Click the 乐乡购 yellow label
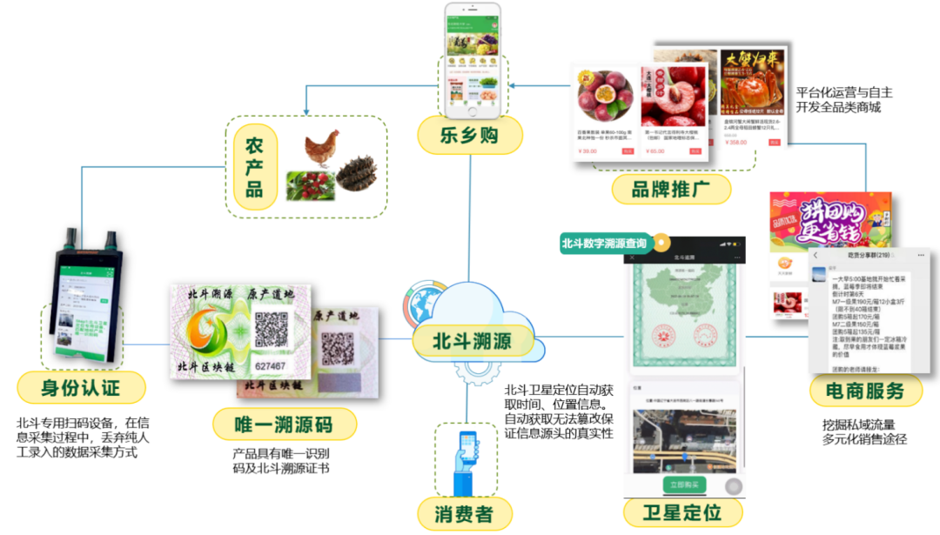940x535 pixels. click(x=469, y=136)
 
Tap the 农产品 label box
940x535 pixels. click(x=254, y=166)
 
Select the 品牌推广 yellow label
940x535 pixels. click(x=670, y=187)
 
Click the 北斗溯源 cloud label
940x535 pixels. click(x=473, y=340)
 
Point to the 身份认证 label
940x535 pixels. click(x=81, y=385)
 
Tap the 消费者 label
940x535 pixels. click(x=463, y=513)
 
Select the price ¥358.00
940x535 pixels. click(x=736, y=142)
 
